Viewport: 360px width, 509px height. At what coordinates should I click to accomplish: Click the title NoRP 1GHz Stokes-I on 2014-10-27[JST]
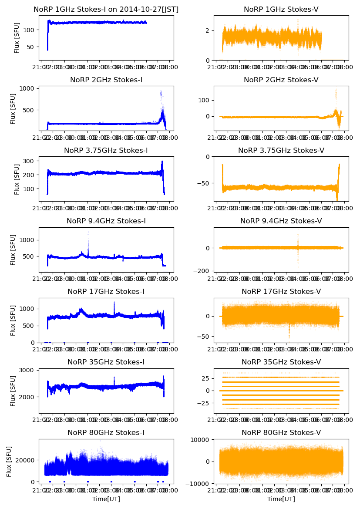106,9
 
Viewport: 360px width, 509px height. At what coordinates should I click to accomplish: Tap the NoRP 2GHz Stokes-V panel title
281,80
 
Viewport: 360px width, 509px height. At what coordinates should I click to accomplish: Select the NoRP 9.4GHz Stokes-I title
106,221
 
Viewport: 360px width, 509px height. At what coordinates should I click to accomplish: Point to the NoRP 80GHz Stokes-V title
281,432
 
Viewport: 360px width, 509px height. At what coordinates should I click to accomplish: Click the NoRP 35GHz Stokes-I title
106,362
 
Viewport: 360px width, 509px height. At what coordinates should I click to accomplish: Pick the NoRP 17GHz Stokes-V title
281,291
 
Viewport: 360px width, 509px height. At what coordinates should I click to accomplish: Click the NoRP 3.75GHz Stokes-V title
281,151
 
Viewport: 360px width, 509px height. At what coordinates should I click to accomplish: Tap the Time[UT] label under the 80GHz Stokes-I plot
106,499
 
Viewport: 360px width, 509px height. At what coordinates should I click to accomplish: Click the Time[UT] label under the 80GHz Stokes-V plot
281,499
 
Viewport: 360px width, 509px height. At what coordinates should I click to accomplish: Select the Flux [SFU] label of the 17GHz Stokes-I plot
13,320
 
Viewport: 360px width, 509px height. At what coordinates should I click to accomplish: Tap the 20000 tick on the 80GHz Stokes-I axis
27,460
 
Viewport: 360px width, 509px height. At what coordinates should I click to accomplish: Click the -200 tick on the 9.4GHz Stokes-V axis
204,271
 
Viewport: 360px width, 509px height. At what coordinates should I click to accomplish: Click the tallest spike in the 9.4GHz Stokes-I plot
88,232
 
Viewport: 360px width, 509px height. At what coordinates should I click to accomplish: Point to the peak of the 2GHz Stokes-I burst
161,92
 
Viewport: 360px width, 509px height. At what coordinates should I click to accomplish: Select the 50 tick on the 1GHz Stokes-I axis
32,47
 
